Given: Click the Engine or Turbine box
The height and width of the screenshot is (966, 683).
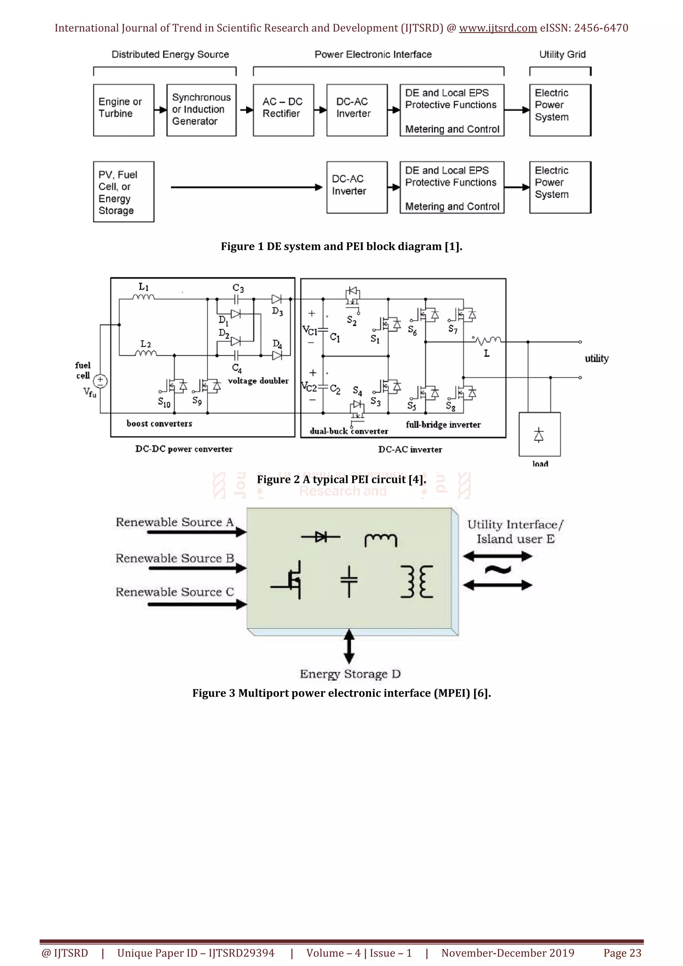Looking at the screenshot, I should coord(123,110).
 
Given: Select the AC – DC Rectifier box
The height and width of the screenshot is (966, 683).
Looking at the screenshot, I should coord(283,110).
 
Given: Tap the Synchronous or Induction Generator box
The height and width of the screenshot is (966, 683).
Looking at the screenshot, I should coord(201,110).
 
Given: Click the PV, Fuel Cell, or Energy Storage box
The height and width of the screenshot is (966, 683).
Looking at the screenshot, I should coord(123,192).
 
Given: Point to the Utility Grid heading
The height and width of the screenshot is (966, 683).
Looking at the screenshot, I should coord(562,54).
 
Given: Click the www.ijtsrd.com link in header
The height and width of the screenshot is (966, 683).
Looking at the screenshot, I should coord(498,28).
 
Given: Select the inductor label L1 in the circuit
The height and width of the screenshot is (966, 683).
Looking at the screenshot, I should coord(143,287).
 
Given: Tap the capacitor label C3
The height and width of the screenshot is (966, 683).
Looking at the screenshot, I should coord(238,288).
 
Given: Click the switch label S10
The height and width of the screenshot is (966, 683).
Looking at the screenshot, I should coord(164,403).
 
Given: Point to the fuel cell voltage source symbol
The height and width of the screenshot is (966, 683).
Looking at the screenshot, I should coord(100,381).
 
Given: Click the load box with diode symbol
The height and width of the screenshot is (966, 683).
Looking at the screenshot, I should coord(539,434).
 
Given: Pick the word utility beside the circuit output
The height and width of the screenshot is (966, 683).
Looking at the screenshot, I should coord(596,358).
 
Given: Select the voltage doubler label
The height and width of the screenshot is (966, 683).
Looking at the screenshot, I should coord(258,381).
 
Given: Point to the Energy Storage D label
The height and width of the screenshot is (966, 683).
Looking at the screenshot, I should coord(350,674).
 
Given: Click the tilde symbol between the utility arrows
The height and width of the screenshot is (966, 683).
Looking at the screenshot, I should coord(498,570).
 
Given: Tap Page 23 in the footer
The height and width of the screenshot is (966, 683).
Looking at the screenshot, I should coord(622,953).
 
